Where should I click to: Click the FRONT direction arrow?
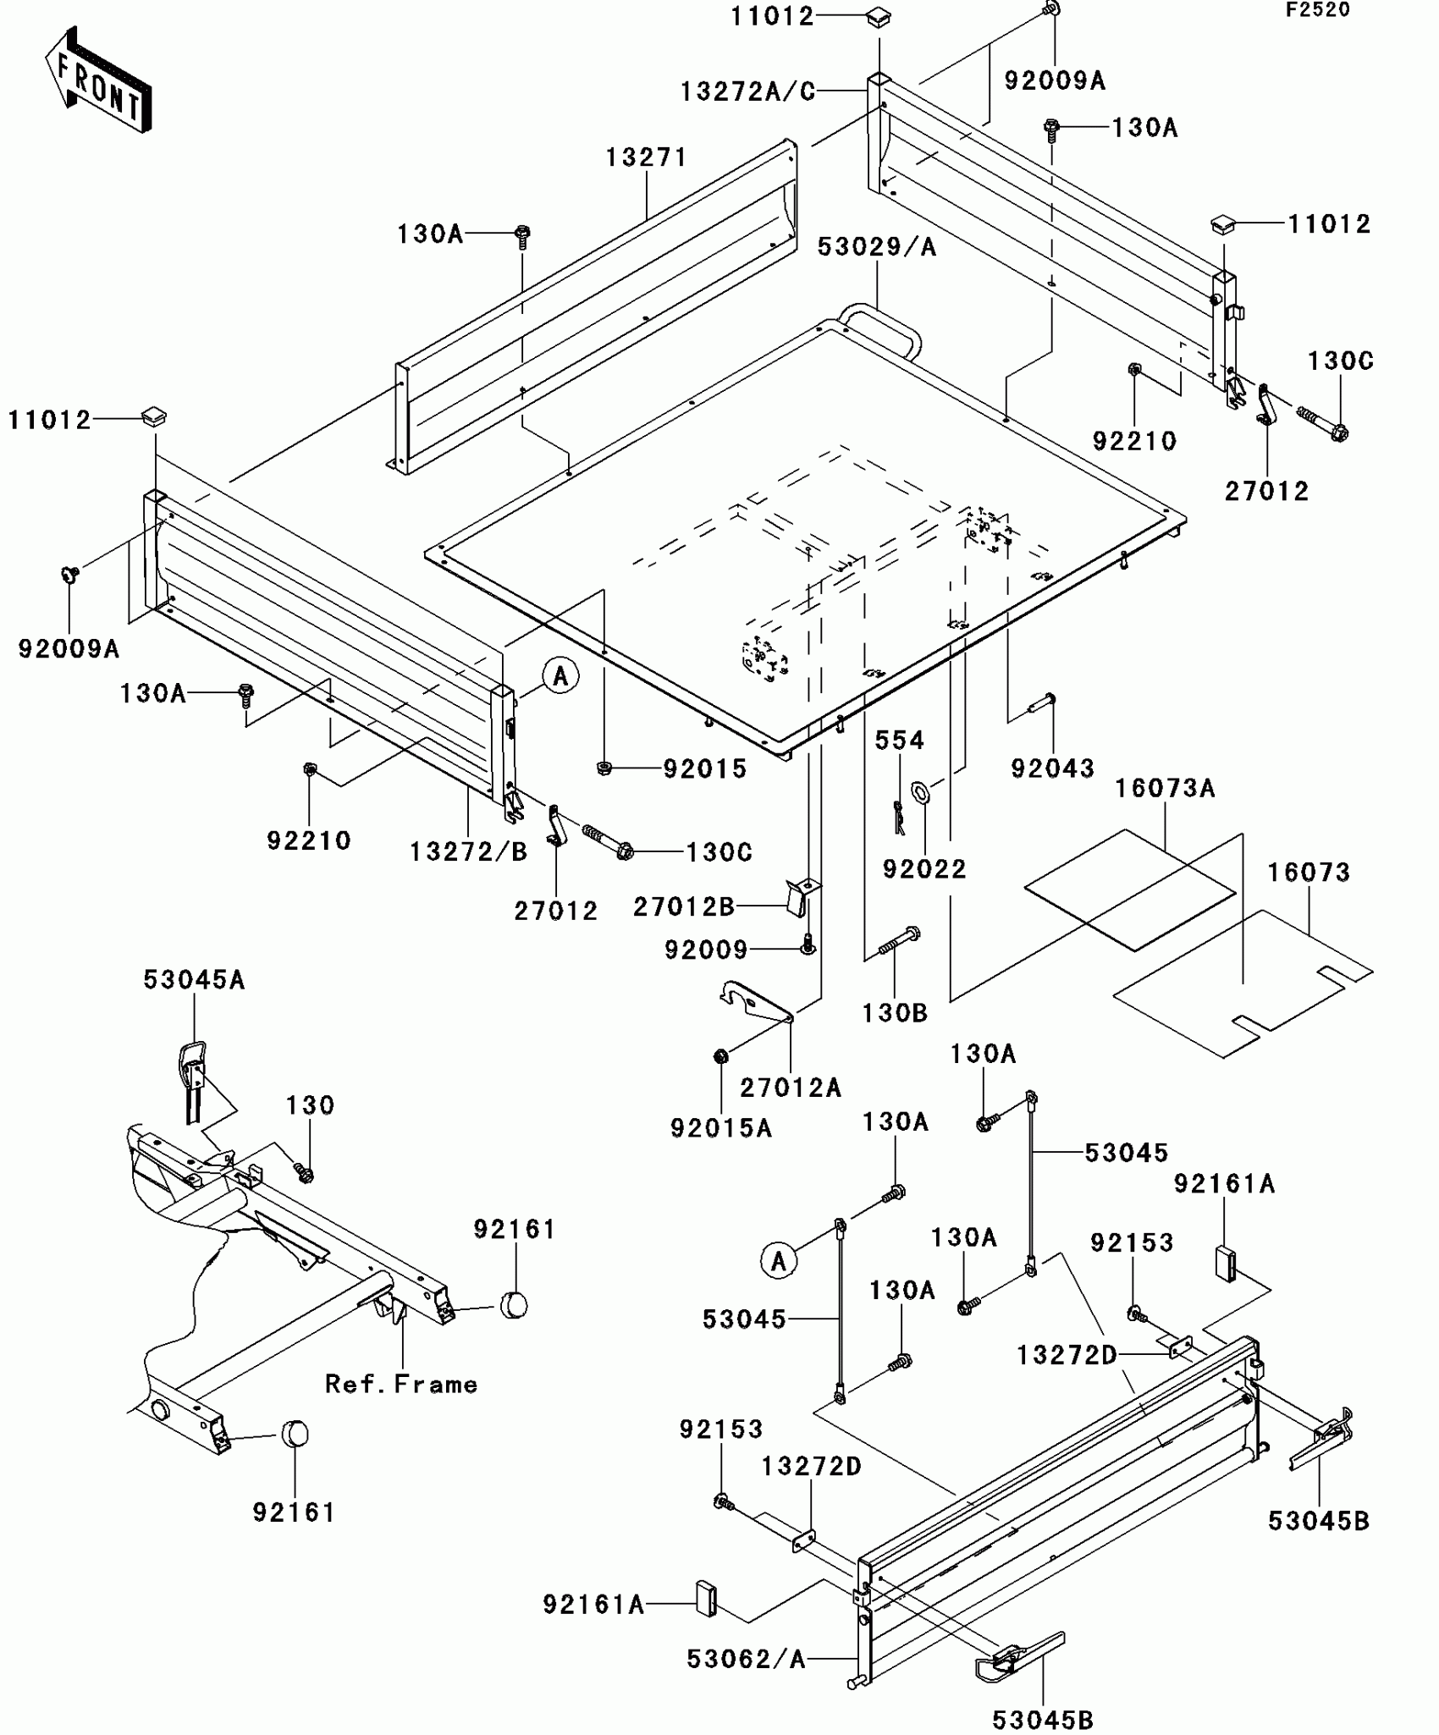[98, 80]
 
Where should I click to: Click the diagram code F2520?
[1318, 10]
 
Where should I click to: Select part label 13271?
[646, 157]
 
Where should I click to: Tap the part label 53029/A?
[877, 246]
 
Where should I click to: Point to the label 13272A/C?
[747, 91]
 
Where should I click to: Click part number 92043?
[1052, 768]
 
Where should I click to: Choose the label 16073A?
[1165, 789]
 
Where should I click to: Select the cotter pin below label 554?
[900, 817]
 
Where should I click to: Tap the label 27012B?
[683, 906]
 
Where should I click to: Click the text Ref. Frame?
[401, 1384]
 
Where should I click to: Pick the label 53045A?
[194, 979]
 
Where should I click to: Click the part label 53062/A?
[746, 1659]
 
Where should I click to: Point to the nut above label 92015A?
[720, 1056]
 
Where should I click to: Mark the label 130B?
[895, 1012]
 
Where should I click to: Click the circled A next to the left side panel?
[560, 676]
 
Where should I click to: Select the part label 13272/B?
[468, 851]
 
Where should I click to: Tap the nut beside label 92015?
[604, 768]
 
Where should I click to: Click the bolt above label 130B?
[899, 941]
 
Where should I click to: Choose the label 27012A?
[791, 1088]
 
